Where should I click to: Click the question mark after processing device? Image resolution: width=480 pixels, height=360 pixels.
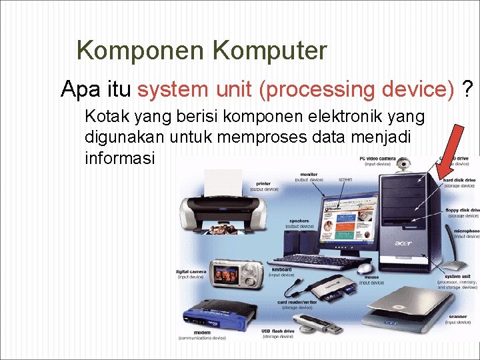469,89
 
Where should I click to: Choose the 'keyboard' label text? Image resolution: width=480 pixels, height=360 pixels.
279,269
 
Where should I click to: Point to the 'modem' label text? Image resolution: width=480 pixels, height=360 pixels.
201,332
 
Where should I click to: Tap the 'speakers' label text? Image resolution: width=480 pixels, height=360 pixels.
299,221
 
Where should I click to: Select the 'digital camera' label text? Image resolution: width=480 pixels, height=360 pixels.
190,271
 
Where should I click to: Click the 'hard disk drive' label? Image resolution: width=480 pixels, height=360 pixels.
460,180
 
